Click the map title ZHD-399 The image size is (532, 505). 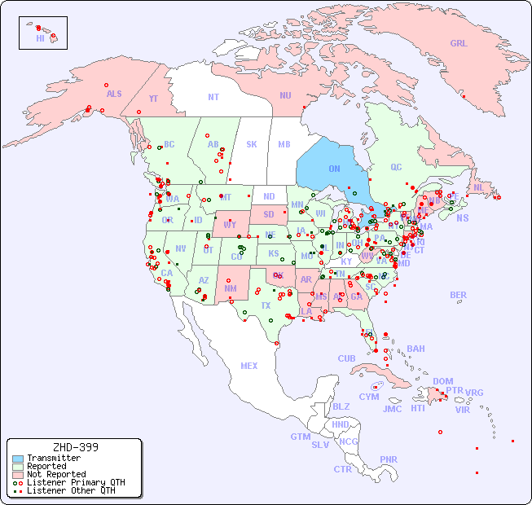pos(75,447)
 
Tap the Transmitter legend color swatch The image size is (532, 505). pos(17,459)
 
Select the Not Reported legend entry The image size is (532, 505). pos(55,474)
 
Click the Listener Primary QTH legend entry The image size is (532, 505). pos(69,482)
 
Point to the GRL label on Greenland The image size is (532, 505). pos(459,44)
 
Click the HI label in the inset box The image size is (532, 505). pos(40,38)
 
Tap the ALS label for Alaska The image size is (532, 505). pos(114,94)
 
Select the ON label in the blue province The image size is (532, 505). pos(334,169)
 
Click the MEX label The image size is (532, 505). pos(249,366)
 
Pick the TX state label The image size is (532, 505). pos(266,305)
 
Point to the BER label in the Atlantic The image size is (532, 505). pos(459,295)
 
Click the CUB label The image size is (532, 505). pos(347,358)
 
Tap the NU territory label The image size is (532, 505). pos(285,95)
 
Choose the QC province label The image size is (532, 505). pos(396,167)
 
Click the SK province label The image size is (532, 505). pos(252,144)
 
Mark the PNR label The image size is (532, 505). pos(389,459)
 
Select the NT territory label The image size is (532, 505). pos(213,96)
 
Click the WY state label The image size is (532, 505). pos(230,224)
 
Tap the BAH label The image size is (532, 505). pos(415,349)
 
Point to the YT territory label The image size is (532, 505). pos(153,99)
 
